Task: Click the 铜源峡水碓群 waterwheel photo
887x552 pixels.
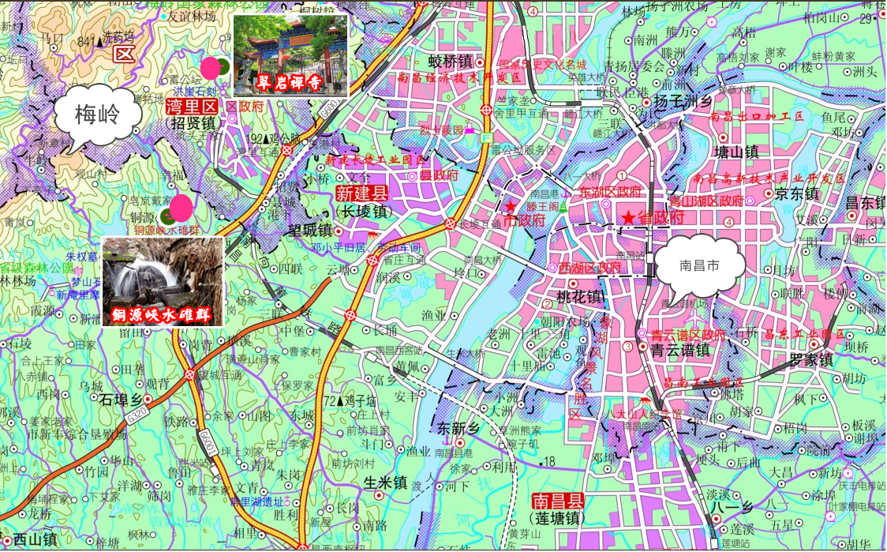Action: pos(163,281)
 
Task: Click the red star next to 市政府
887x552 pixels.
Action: pos(511,207)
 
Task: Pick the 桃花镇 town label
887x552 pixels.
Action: pos(579,298)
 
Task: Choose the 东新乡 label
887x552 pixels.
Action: pos(458,428)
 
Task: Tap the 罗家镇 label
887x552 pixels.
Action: pos(810,360)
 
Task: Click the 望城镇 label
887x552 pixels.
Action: pos(310,231)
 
